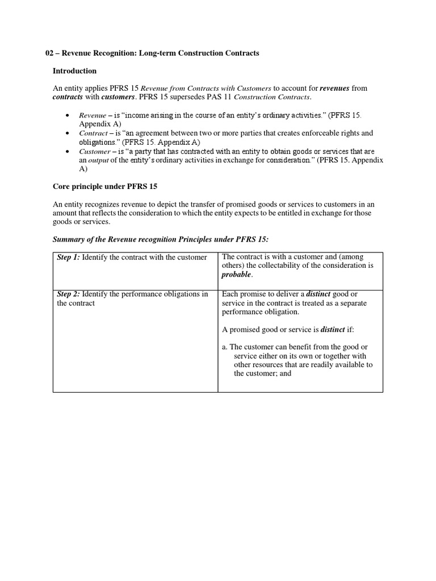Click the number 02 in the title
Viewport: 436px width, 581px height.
49,53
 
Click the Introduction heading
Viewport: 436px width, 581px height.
74,71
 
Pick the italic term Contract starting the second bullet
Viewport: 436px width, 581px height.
93,133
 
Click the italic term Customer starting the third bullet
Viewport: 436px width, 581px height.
94,152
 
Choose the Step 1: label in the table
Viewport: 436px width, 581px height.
69,258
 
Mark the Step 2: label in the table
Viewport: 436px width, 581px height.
69,294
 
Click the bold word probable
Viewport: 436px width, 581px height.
236,275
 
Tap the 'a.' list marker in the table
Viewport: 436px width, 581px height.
225,347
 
